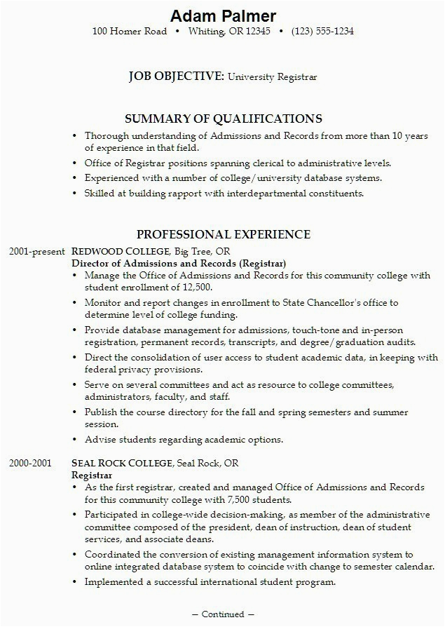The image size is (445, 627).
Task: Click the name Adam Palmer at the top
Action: pyautogui.click(x=223, y=15)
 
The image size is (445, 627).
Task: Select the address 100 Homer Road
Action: pyautogui.click(x=130, y=32)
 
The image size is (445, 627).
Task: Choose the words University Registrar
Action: pyautogui.click(x=272, y=77)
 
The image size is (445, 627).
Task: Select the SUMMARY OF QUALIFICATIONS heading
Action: pyautogui.click(x=223, y=119)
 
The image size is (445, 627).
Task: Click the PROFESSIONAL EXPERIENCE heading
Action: pyautogui.click(x=223, y=234)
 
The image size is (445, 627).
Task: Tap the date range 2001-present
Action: pyautogui.click(x=37, y=251)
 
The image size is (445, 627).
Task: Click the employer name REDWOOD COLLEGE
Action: pyautogui.click(x=121, y=251)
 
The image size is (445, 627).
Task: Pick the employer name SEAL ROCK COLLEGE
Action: pyautogui.click(x=123, y=464)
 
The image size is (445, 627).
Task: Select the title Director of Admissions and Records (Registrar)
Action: pyautogui.click(x=179, y=263)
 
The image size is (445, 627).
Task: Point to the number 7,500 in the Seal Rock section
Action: pyautogui.click(x=253, y=499)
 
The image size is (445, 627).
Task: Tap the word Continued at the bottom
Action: pyautogui.click(x=223, y=614)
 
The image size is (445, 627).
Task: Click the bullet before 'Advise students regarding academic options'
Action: pyautogui.click(x=76, y=440)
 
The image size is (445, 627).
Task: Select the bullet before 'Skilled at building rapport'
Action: pyautogui.click(x=76, y=194)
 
